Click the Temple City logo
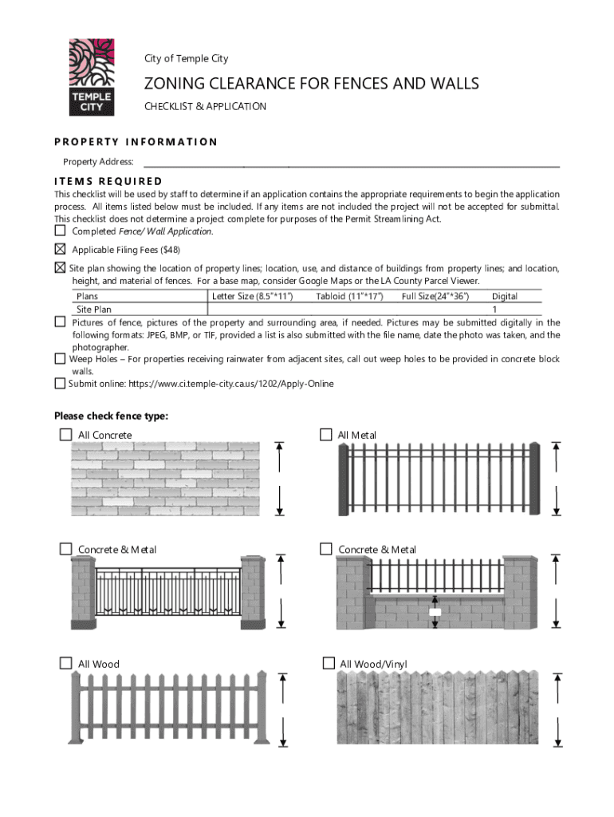point(90,77)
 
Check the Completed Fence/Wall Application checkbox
point(61,231)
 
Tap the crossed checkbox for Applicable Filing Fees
point(61,249)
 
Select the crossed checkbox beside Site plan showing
point(61,267)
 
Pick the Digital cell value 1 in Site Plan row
point(494,309)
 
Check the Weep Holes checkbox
point(61,359)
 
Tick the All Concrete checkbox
point(65,434)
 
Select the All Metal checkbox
point(325,434)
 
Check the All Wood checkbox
point(65,663)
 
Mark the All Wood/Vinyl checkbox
point(328,663)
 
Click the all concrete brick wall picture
point(166,480)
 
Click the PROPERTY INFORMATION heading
point(136,142)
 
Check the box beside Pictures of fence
point(61,322)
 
